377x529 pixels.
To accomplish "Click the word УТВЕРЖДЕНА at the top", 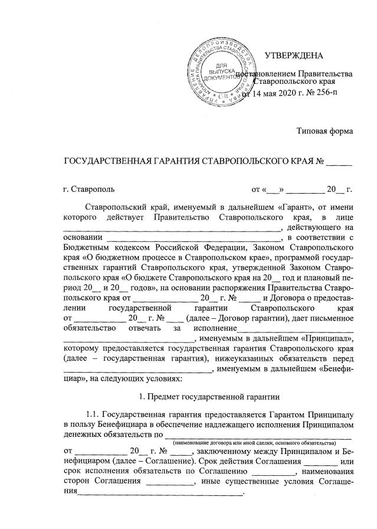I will [x=294, y=57].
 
